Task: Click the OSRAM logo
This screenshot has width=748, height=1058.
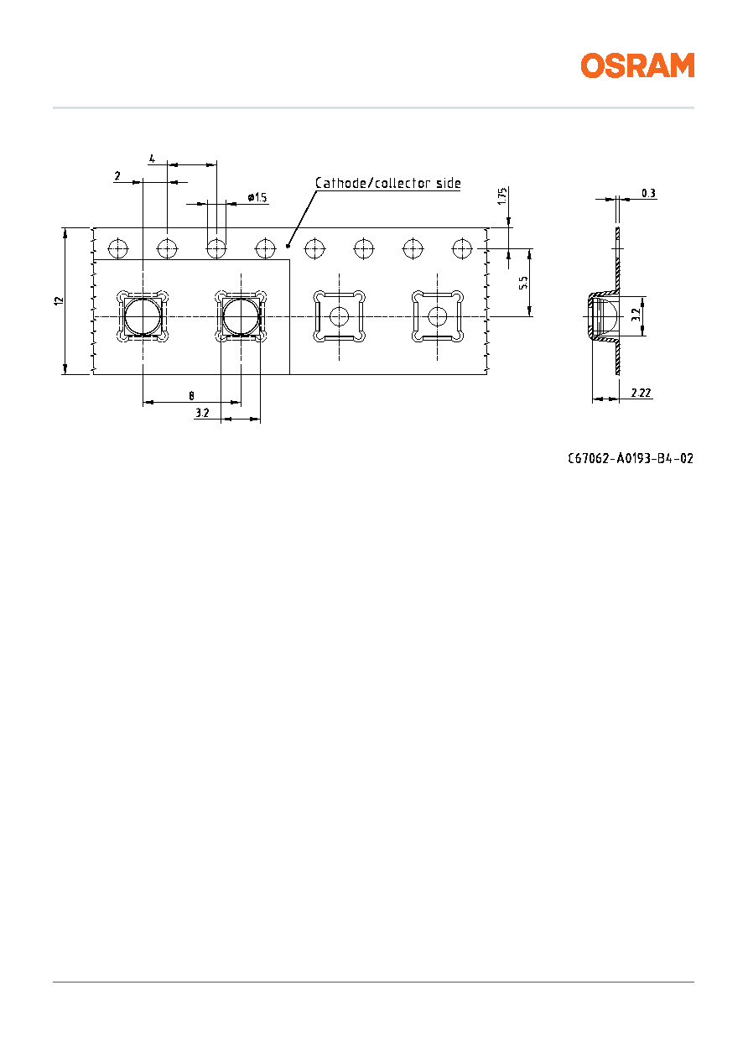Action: click(637, 65)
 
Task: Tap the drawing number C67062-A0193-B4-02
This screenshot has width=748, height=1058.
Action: click(631, 458)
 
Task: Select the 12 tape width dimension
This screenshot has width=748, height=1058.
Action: click(59, 300)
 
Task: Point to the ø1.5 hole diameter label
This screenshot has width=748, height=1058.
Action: click(257, 197)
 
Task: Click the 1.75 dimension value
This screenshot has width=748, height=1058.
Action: click(502, 196)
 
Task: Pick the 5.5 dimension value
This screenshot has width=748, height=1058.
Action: click(523, 283)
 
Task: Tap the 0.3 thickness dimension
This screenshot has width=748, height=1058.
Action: click(648, 193)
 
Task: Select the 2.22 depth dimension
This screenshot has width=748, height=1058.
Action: click(641, 393)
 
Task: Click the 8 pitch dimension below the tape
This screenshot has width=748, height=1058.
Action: click(191, 396)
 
